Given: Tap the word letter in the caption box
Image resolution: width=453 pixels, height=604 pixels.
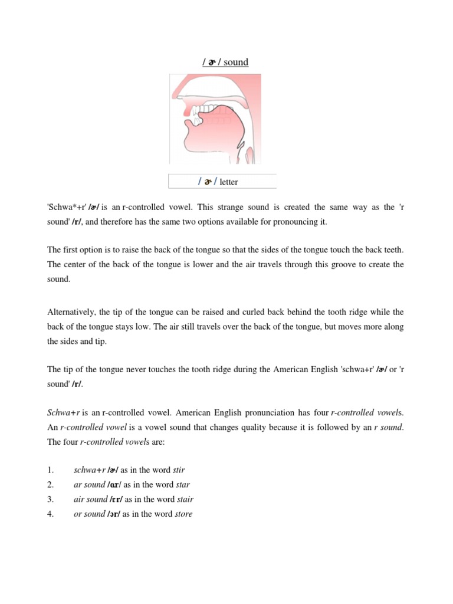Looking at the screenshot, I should (x=229, y=182).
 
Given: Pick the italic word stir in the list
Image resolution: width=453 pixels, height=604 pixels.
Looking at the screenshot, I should (x=179, y=470).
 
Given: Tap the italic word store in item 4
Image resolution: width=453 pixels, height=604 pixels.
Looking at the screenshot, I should (x=183, y=514).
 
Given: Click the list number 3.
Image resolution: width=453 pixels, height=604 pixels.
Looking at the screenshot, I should (x=51, y=499).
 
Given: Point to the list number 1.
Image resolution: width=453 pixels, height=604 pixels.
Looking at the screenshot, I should (x=51, y=470).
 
